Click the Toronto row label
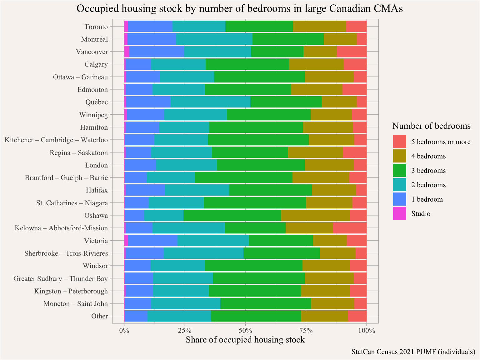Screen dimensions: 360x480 tap(96, 27)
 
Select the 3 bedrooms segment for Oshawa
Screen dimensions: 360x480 tap(232, 216)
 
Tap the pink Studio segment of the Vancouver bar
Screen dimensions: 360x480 tap(127, 52)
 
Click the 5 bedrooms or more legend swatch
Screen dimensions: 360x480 tap(400, 142)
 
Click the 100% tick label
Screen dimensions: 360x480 tap(367, 330)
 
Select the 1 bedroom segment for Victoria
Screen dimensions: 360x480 tap(152, 241)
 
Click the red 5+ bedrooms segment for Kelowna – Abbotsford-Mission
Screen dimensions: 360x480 tap(350, 228)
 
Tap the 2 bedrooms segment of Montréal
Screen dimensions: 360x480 tap(214, 39)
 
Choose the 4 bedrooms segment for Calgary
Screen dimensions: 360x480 tap(316, 64)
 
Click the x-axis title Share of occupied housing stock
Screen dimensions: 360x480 tap(245, 340)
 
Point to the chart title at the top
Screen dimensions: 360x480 tap(240, 8)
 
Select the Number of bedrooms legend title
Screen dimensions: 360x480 tap(431, 126)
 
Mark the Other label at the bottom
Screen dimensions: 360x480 tap(99, 316)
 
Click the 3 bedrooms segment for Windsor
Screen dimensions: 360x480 tap(253, 266)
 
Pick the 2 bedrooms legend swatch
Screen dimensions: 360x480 tap(400, 185)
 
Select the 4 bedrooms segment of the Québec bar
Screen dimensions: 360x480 tap(339, 102)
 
